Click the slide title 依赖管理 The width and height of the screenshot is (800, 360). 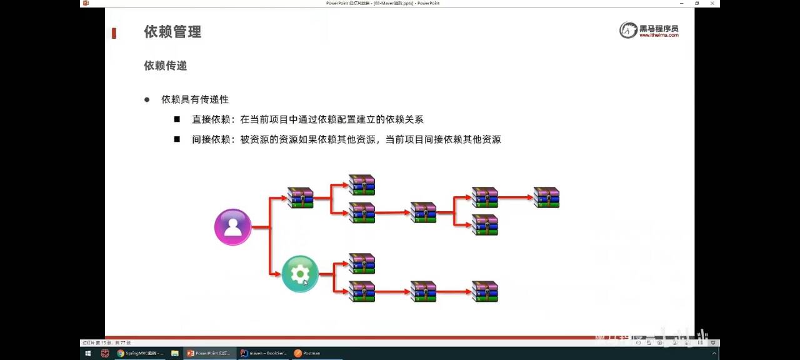(172, 32)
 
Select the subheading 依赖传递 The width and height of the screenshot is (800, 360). (165, 66)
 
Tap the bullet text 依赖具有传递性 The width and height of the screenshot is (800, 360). (195, 99)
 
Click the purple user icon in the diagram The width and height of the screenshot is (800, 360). (232, 227)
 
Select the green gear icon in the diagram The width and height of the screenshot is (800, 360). (300, 274)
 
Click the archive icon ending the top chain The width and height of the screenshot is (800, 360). (546, 197)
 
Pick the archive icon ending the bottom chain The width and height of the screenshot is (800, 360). (485, 291)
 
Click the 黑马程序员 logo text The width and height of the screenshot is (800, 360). (658, 29)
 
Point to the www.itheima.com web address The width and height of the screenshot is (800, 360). (658, 36)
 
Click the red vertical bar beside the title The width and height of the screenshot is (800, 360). (114, 33)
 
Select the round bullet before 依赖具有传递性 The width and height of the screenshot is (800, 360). (147, 100)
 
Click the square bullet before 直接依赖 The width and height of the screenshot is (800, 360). (177, 119)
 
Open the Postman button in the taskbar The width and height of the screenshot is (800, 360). (307, 353)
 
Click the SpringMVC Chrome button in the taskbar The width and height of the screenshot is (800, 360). (140, 353)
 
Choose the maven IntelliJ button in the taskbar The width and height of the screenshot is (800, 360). (264, 353)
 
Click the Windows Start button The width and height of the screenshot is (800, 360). (87, 353)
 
